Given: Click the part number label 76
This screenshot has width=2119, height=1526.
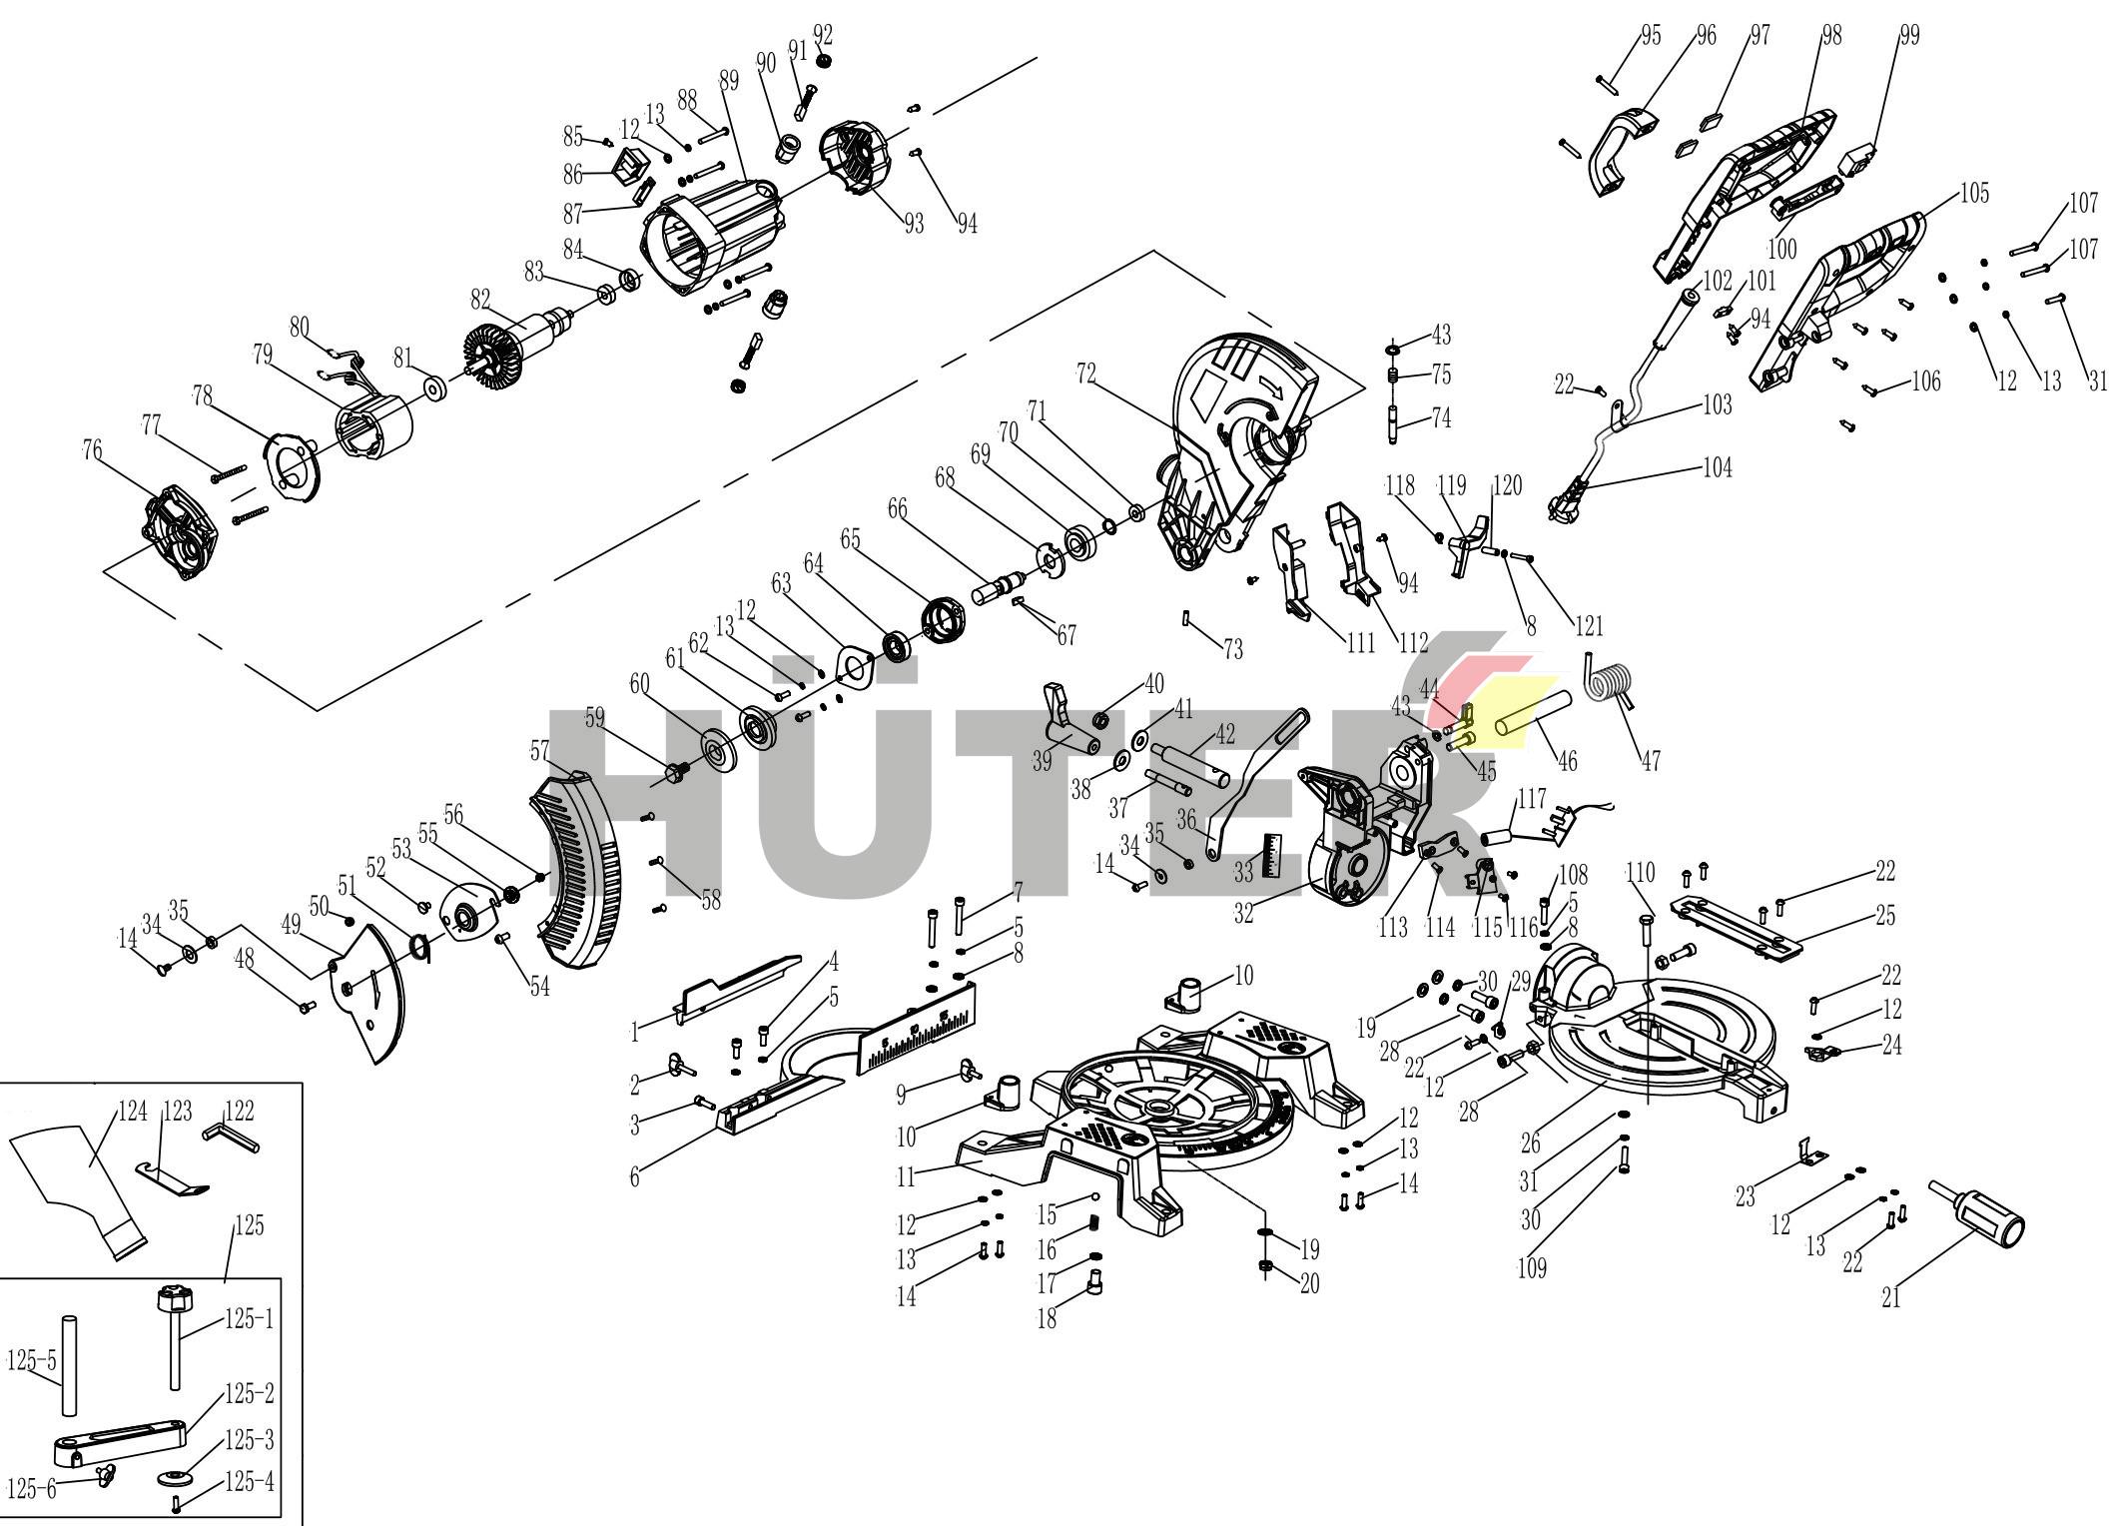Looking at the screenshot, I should (x=92, y=451).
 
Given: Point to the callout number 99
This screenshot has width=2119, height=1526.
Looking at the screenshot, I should (x=1909, y=36).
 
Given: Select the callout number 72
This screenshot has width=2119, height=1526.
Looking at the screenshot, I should (x=1086, y=375).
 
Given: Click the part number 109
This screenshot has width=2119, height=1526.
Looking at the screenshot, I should (x=1532, y=1268).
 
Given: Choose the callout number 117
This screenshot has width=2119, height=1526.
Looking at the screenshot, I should (x=1532, y=800).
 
